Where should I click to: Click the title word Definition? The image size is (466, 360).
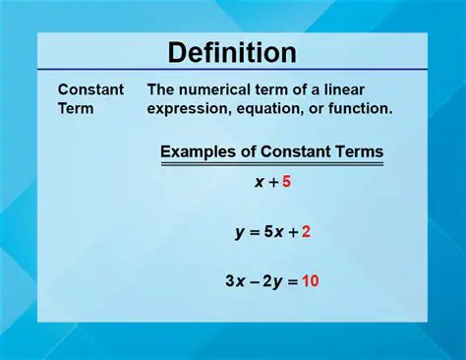point(232,52)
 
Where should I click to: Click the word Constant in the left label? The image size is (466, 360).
point(90,90)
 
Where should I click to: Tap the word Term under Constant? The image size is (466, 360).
point(77,108)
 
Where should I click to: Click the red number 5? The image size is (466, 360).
point(286,182)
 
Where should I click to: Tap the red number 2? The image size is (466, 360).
point(306,232)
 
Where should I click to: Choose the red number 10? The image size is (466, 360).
point(310,281)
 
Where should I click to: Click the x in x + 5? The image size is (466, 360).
point(258,182)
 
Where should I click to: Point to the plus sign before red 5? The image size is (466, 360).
point(271,182)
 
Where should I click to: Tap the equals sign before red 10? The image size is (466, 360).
point(292,281)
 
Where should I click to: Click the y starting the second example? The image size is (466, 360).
point(239,234)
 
